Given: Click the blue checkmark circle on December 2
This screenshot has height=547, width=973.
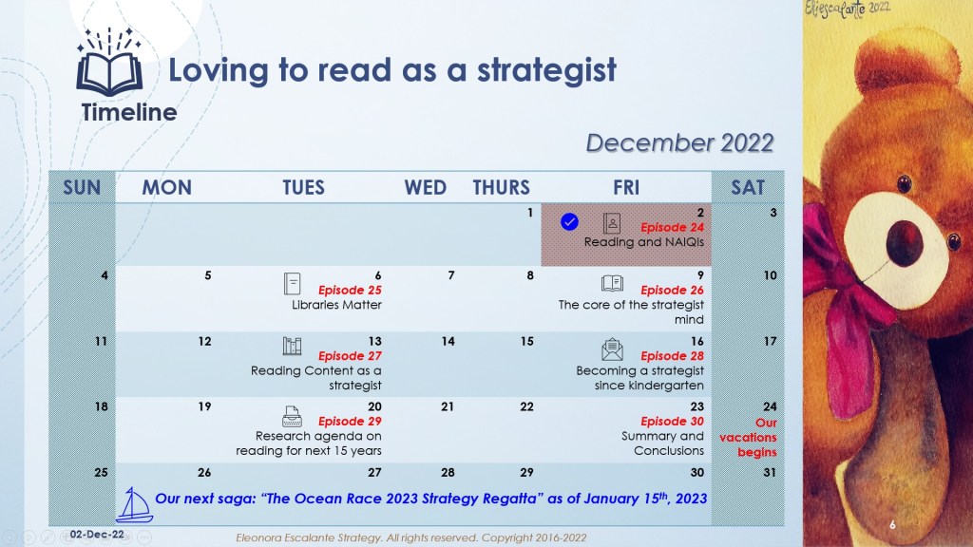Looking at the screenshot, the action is point(569,222).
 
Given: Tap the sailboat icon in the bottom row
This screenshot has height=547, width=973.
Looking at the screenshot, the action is point(134,505).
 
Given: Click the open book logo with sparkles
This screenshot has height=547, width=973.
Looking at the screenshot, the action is point(109,62).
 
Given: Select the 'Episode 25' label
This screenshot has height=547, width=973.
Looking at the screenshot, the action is point(350,291).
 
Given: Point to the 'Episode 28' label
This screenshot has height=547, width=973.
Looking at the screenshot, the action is point(672,356).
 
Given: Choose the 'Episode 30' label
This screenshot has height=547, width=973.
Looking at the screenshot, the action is point(672,422).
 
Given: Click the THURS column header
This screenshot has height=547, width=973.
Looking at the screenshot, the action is point(502,187).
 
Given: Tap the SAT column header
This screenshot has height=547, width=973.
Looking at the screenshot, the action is point(748,187).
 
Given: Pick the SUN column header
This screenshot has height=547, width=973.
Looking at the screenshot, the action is point(82,187).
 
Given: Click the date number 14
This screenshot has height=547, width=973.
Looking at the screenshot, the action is point(448,341).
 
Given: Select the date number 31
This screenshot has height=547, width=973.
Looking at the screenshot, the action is point(770,473).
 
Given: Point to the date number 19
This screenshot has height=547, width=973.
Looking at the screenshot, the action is point(204,406).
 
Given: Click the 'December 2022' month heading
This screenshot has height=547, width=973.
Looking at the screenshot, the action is point(679,143).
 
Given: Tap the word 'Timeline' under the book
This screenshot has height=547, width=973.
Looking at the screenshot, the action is point(129,112).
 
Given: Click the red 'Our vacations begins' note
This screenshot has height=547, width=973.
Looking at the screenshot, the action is point(749,437).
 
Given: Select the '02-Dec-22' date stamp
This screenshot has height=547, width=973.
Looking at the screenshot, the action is point(97,534).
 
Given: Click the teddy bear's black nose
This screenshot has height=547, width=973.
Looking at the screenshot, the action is point(905,242).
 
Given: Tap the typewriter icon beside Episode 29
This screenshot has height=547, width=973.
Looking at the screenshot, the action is point(293,417).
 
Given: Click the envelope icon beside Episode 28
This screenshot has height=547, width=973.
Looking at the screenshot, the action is point(612,349).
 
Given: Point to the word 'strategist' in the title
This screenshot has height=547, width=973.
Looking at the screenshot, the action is point(546,70).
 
